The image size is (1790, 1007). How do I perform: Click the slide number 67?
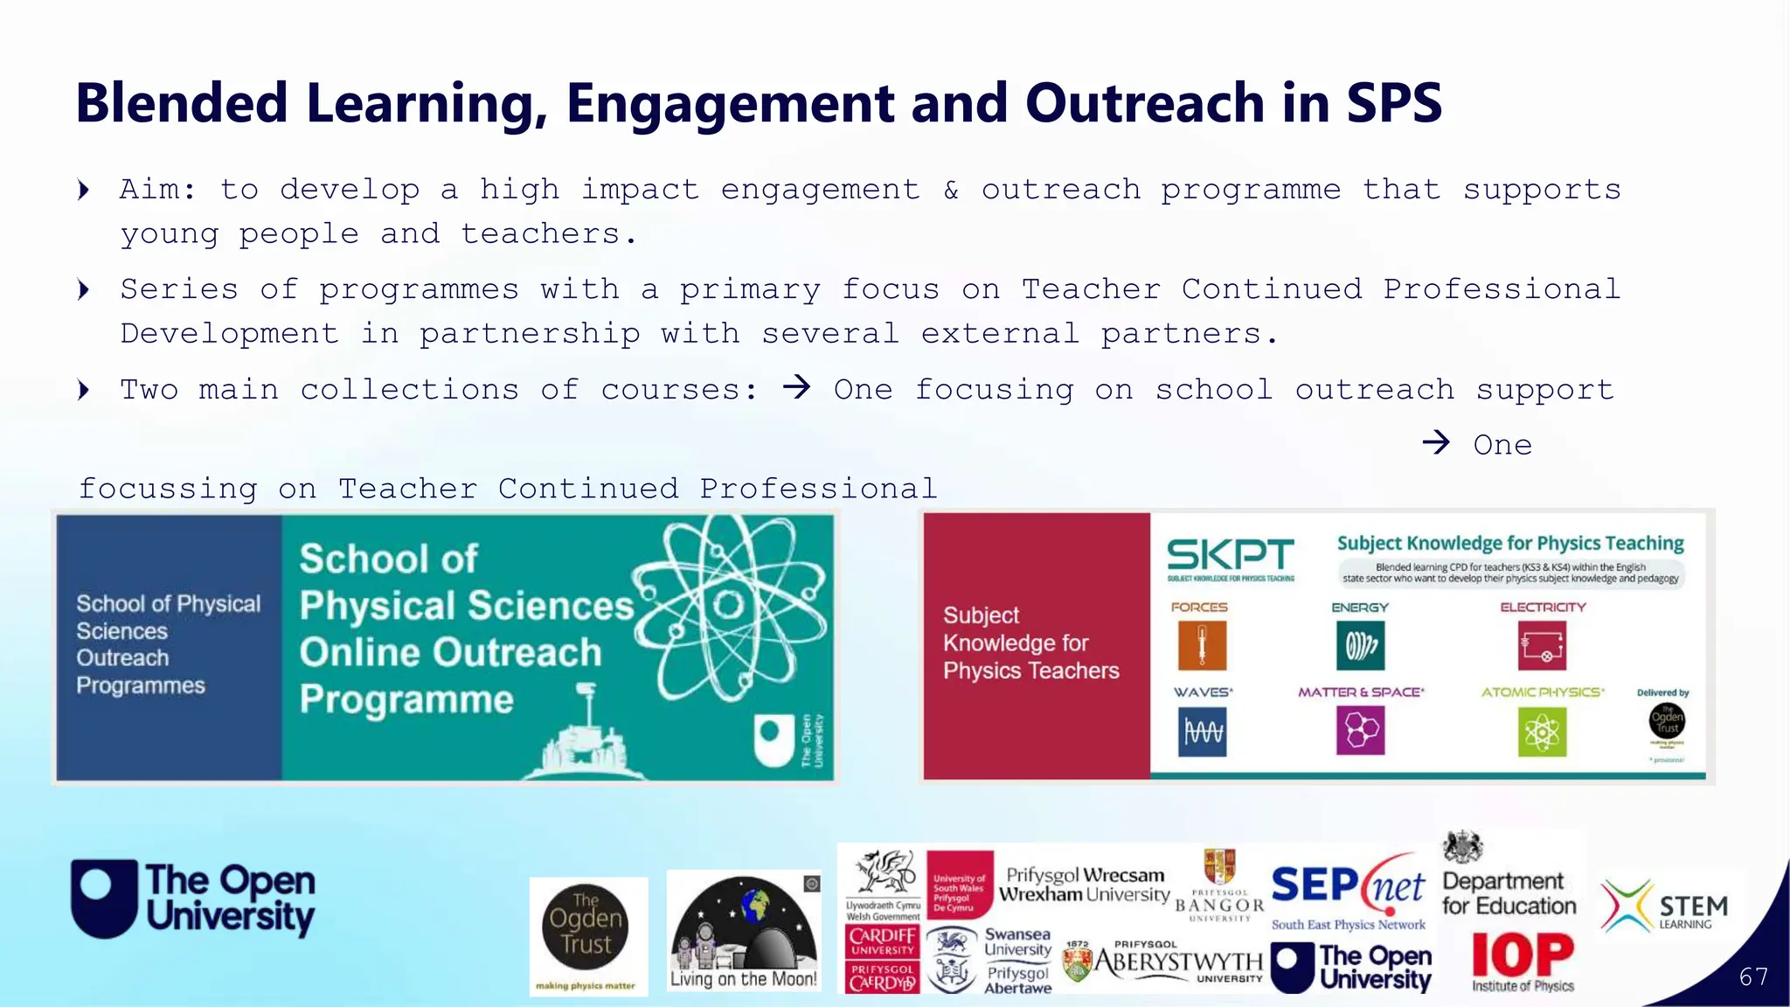pos(1753,976)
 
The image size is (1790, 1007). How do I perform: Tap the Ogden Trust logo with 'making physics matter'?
pos(586,935)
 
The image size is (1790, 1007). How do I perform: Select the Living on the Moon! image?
pos(743,931)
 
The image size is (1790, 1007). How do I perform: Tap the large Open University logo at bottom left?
pos(193,899)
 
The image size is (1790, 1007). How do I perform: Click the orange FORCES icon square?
pos(1201,646)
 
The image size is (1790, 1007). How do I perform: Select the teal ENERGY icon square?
pos(1360,646)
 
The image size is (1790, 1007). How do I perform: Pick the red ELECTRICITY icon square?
pos(1542,646)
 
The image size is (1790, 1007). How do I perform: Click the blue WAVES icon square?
pos(1202,732)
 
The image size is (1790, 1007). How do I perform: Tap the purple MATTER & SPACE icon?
pos(1360,731)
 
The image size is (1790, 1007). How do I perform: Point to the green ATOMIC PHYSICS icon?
pos(1542,732)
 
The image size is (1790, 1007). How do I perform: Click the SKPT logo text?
pos(1230,555)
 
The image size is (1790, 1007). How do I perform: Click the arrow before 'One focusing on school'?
pos(796,386)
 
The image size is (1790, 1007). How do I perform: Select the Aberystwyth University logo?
pos(1165,963)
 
